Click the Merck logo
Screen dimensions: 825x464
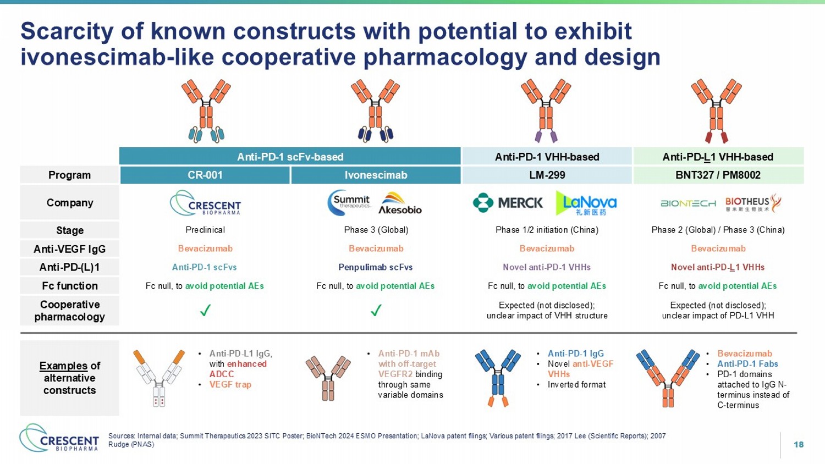[x=508, y=202]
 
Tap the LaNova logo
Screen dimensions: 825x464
[x=586, y=203]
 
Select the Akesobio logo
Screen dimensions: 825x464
[x=400, y=203]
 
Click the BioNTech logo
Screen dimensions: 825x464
[x=688, y=203]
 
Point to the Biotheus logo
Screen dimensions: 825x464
[x=753, y=203]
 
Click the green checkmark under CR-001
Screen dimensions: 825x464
[x=205, y=310]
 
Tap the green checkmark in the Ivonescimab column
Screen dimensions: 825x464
[x=376, y=310]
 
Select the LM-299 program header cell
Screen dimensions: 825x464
[x=547, y=175]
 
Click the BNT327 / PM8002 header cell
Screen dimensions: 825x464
[x=718, y=175]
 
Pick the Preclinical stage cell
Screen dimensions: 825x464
[x=205, y=230]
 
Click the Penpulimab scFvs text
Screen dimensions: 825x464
[x=376, y=267]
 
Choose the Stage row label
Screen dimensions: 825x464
[x=70, y=230]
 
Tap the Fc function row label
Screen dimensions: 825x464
[x=70, y=286]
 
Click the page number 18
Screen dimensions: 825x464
[x=799, y=444]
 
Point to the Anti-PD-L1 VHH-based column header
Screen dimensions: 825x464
[x=718, y=157]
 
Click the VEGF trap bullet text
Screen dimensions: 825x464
[x=230, y=384]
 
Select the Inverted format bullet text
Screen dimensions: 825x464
[x=576, y=384]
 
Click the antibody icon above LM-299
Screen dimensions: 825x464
[x=546, y=111]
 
